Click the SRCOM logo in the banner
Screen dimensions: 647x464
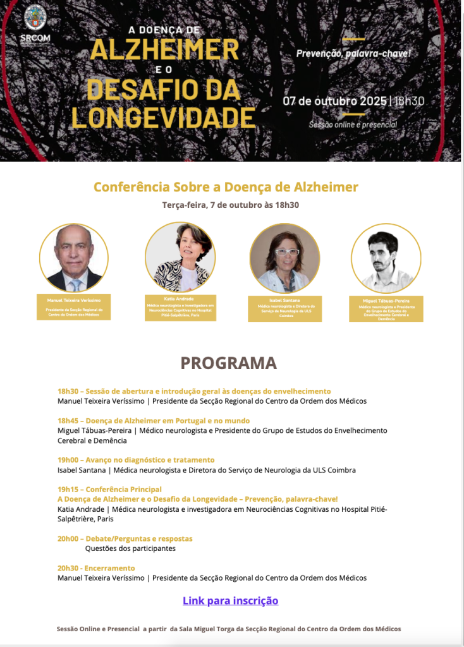[x=35, y=24]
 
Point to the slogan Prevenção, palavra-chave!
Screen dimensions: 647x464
[x=353, y=53]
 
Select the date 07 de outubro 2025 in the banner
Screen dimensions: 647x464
[x=334, y=100]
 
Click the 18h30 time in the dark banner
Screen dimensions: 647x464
[x=408, y=100]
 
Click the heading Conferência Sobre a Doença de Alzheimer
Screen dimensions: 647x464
[x=226, y=187]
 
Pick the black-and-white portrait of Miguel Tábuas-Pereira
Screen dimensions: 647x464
[x=386, y=258]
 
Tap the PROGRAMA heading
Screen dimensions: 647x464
[x=228, y=363]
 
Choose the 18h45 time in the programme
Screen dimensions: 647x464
[x=67, y=421]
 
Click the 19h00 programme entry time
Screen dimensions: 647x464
[x=67, y=460]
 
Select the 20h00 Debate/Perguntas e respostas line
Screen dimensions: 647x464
[x=125, y=538]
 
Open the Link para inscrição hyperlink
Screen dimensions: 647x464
[x=230, y=600]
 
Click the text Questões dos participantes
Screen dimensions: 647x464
[x=130, y=548]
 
